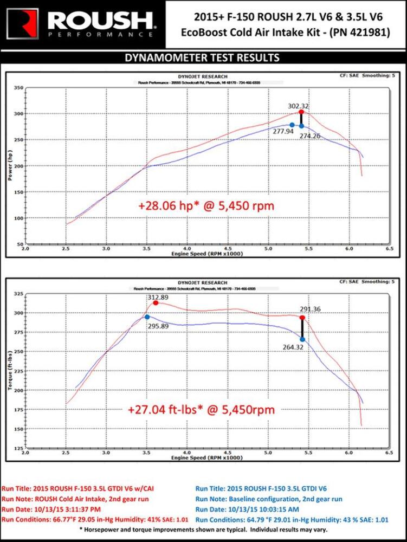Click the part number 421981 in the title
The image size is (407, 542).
367,32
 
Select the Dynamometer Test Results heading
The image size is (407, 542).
203,57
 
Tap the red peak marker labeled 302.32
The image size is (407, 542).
301,112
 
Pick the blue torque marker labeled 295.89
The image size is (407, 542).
147,317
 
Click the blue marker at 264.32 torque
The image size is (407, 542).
302,339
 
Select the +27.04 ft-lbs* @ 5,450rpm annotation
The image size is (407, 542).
202,410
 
